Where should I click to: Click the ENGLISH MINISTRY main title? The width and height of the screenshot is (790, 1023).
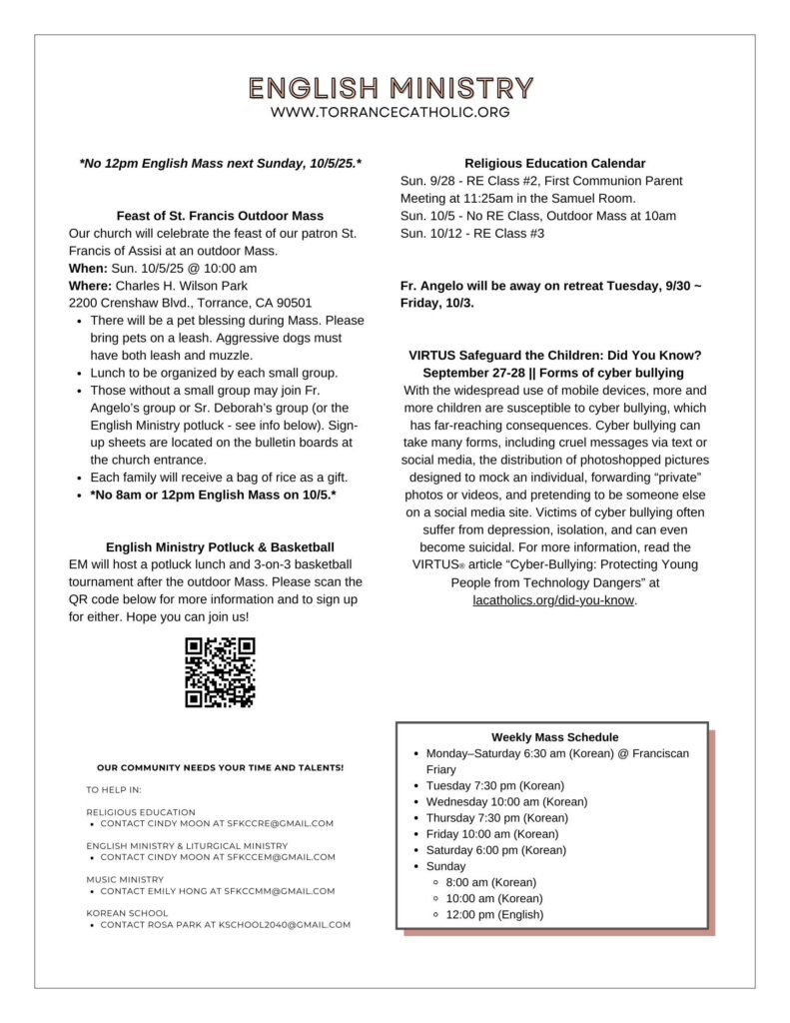pos(391,87)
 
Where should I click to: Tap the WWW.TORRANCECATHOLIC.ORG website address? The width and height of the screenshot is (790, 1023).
pos(391,113)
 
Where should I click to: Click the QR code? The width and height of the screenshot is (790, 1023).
pos(220,672)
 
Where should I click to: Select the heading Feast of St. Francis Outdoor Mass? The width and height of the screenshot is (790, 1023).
pos(220,215)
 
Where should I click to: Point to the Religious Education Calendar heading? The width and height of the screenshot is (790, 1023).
pos(554,163)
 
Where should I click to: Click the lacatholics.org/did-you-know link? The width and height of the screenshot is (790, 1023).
pos(554,601)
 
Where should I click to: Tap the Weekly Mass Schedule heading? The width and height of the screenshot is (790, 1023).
pos(554,737)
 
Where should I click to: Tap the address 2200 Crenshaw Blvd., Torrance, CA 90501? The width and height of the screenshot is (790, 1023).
pos(191,303)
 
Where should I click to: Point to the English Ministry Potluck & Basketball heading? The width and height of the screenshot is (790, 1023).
pos(220,547)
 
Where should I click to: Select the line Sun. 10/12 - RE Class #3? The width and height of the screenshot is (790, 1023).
pos(473,234)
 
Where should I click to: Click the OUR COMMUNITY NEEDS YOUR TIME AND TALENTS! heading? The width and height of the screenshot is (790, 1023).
pos(220,768)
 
